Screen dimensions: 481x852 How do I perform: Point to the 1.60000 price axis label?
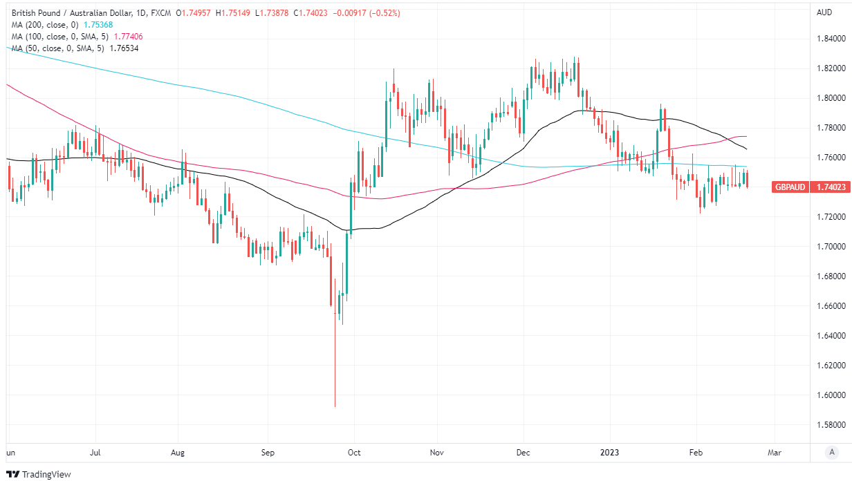(828, 395)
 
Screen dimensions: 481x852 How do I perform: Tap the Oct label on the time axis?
(354, 453)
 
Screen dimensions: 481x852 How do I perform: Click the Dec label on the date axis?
(523, 453)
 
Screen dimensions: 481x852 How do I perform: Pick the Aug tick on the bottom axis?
(178, 453)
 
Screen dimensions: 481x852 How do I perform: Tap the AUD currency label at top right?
(824, 12)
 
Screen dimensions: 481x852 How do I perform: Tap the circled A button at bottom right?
(832, 452)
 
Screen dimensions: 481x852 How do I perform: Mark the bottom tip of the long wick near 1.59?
(335, 407)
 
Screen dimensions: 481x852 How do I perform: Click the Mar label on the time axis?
(775, 453)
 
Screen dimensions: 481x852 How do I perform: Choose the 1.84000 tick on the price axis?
(828, 39)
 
